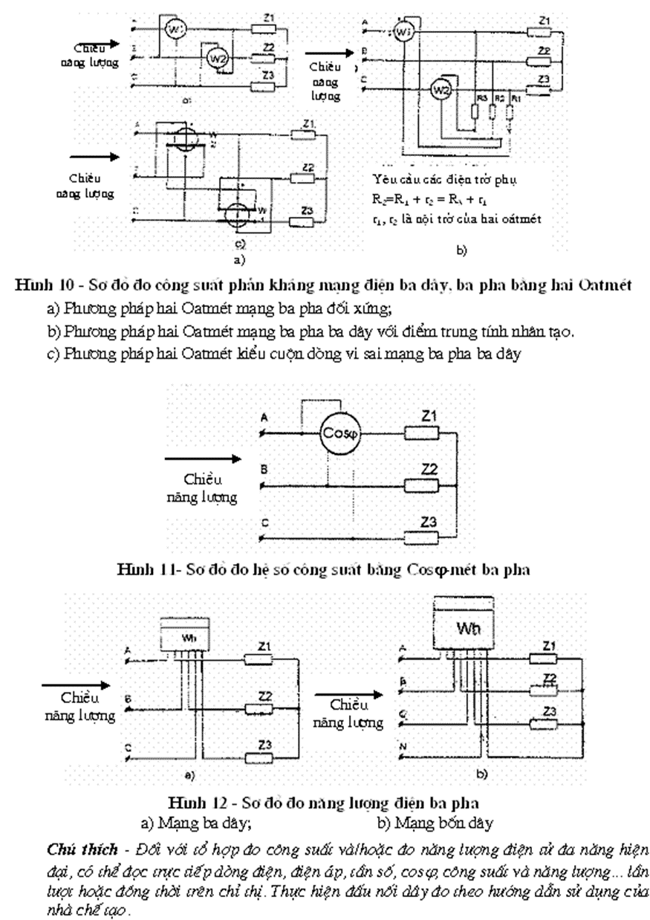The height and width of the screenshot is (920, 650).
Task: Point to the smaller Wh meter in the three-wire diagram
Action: [186, 638]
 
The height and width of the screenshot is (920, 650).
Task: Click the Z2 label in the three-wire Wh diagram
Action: [264, 696]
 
